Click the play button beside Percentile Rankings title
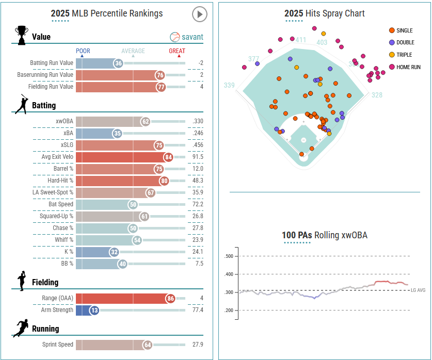(x=199, y=14)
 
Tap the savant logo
(x=186, y=37)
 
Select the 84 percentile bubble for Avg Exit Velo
(x=168, y=157)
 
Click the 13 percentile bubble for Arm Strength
(x=94, y=310)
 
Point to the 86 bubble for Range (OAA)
(x=170, y=298)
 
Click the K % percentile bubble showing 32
(x=115, y=252)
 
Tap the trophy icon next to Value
(x=21, y=36)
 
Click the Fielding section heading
(x=45, y=283)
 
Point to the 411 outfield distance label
(x=301, y=40)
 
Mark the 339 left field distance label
(x=230, y=85)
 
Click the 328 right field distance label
(x=377, y=95)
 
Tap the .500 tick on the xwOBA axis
(x=229, y=256)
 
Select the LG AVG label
(x=418, y=290)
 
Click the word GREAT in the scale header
(x=177, y=51)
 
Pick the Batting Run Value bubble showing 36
(x=119, y=63)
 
